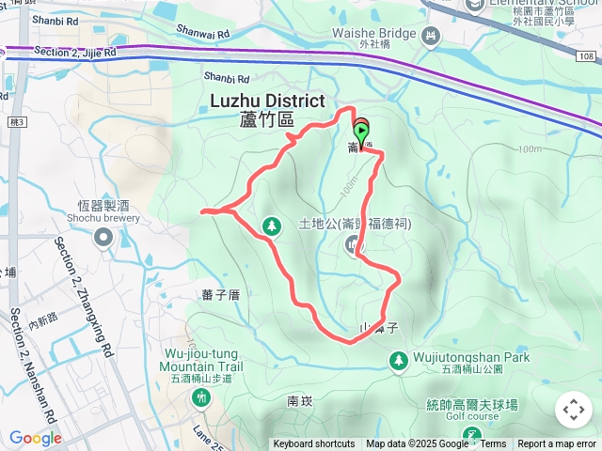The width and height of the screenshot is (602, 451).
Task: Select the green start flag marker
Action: coord(361,132)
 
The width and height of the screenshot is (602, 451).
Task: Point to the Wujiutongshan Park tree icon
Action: coord(399,360)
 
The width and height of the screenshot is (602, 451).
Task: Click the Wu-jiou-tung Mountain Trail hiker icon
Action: coord(200,398)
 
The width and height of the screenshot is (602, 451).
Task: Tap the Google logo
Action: coord(36,438)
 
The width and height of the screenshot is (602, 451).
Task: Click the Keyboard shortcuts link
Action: coord(314,444)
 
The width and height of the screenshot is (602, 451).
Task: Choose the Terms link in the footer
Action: coord(493,444)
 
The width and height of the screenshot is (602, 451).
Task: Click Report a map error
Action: coord(557,444)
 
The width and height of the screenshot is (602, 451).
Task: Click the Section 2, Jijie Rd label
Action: coord(74,52)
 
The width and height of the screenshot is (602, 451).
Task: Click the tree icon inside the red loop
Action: coord(272,225)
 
